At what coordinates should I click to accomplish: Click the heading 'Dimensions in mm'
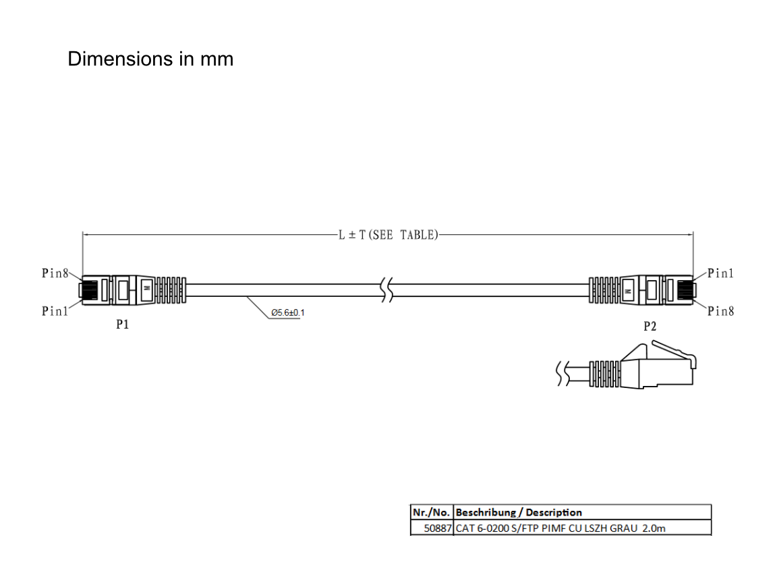[150, 59]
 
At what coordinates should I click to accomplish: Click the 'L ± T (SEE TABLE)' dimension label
[388, 235]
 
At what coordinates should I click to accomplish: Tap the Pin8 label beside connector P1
[55, 273]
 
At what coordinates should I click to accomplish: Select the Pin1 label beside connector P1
[55, 311]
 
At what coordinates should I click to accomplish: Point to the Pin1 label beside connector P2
[720, 273]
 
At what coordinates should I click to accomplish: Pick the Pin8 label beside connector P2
[720, 311]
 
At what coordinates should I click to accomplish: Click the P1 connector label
[122, 324]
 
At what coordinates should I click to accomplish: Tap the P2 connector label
[650, 326]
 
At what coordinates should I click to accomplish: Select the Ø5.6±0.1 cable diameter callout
[288, 313]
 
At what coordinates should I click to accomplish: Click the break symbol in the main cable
[387, 290]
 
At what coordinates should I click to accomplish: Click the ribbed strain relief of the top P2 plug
[604, 290]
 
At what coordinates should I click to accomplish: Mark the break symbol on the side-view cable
[563, 373]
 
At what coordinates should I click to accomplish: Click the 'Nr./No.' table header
[431, 512]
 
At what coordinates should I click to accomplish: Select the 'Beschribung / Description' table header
[518, 512]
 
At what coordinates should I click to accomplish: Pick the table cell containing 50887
[432, 528]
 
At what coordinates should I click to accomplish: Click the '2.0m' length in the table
[654, 528]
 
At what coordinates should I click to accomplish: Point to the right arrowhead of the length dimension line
[689, 235]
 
